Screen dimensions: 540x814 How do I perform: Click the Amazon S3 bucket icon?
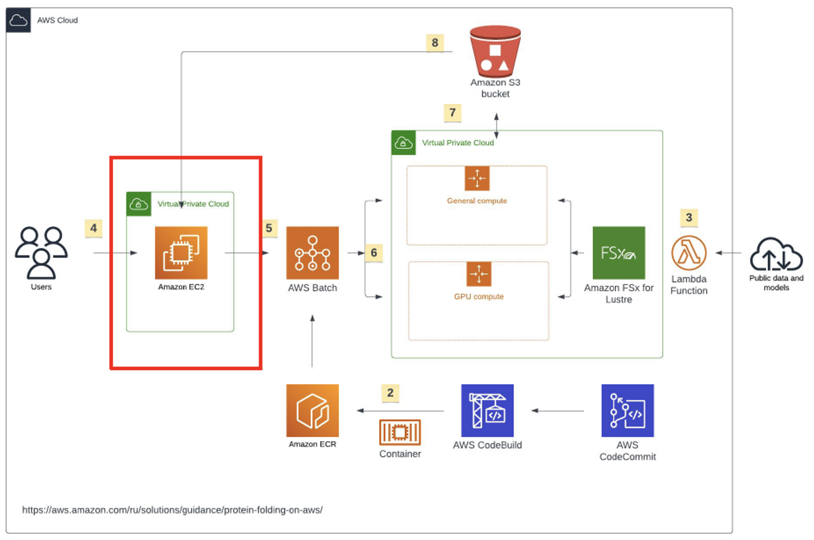pyautogui.click(x=495, y=52)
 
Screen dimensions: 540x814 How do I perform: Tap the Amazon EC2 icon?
pyautogui.click(x=181, y=253)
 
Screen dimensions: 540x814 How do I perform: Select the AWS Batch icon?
pyautogui.click(x=313, y=253)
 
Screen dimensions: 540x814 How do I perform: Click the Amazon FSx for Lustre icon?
pyautogui.click(x=619, y=253)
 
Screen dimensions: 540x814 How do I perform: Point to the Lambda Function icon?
pyautogui.click(x=689, y=253)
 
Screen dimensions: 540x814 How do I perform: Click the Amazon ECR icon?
pyautogui.click(x=313, y=411)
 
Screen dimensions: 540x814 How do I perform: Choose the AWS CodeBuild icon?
pyautogui.click(x=487, y=411)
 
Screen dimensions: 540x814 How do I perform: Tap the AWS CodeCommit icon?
pyautogui.click(x=627, y=411)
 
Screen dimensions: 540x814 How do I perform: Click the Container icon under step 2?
pyautogui.click(x=400, y=432)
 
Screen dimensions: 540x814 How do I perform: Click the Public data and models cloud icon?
pyautogui.click(x=776, y=255)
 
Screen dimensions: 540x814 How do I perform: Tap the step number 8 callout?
pyautogui.click(x=435, y=43)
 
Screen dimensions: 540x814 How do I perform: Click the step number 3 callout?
pyautogui.click(x=689, y=217)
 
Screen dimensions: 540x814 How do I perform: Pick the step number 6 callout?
pyautogui.click(x=374, y=253)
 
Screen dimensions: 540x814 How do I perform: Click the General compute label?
pyautogui.click(x=477, y=201)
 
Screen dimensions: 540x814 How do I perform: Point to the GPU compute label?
pyautogui.click(x=479, y=296)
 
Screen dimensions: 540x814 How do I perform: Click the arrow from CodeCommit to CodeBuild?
pyautogui.click(x=557, y=411)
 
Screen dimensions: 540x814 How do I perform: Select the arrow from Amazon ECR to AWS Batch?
pyautogui.click(x=312, y=341)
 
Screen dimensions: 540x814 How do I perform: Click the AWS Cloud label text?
pyautogui.click(x=57, y=20)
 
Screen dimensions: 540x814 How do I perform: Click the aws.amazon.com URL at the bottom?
pyautogui.click(x=172, y=510)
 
